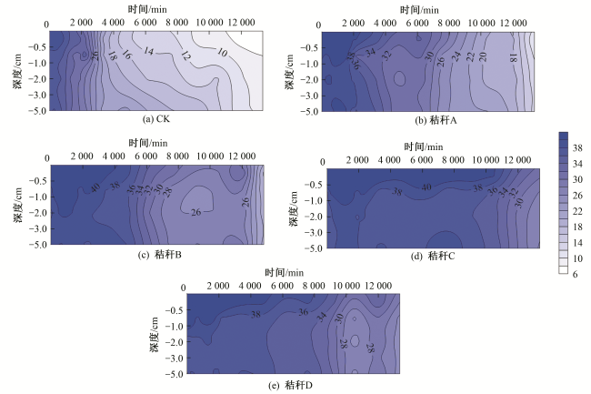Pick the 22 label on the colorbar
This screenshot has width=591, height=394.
pyautogui.click(x=578, y=211)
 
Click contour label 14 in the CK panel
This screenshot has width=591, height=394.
pyautogui.click(x=149, y=51)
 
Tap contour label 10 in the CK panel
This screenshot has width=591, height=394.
pyautogui.click(x=223, y=53)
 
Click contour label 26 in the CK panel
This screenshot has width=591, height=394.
pyautogui.click(x=95, y=55)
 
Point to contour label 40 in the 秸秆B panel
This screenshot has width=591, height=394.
pyautogui.click(x=94, y=188)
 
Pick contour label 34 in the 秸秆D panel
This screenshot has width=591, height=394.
pyautogui.click(x=321, y=317)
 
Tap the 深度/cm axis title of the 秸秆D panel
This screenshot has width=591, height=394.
pyautogui.click(x=156, y=332)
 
